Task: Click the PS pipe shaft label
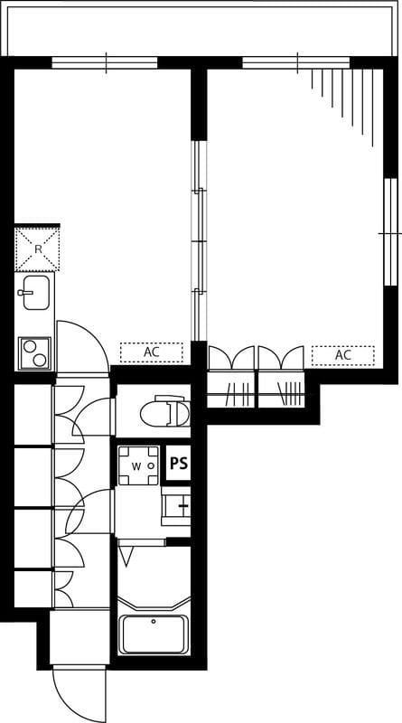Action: click(178, 464)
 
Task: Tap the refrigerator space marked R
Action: click(37, 249)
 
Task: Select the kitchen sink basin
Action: click(36, 292)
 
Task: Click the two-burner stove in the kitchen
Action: click(35, 353)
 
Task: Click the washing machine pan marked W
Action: click(139, 465)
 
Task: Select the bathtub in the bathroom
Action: click(154, 634)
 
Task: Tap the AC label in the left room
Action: click(151, 352)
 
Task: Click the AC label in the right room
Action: click(343, 355)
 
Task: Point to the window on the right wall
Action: click(390, 232)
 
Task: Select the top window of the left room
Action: click(105, 63)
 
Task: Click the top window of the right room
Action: click(296, 63)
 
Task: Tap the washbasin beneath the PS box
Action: click(175, 506)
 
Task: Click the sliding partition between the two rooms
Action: click(199, 240)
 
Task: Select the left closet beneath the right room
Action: click(231, 377)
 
